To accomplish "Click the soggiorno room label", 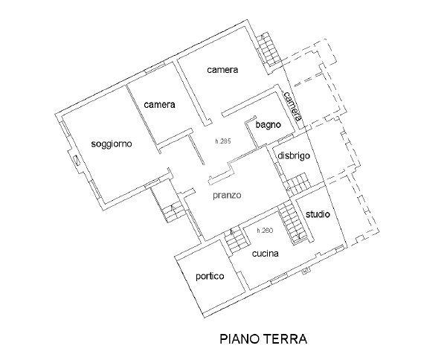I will coord(112,144).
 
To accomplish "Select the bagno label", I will coord(268,125).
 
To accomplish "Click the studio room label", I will coord(318,214).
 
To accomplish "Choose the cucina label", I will coord(265,254).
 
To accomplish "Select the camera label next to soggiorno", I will coord(160,105).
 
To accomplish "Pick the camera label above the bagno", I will coord(222,70).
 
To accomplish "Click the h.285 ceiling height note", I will coord(222,143).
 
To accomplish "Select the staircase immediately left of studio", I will coord(290,222).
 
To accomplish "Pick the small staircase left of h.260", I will coord(237,240).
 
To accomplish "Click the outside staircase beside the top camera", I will coord(270,49).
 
